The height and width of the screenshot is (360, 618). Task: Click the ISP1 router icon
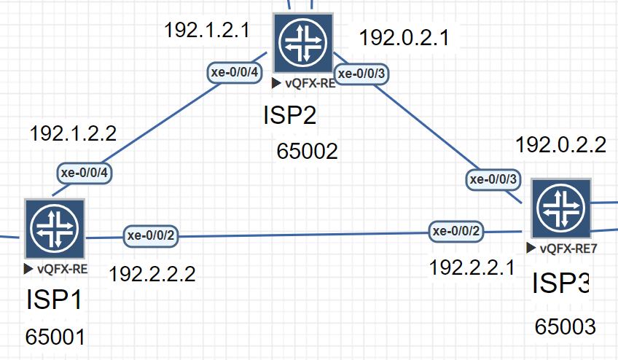click(55, 228)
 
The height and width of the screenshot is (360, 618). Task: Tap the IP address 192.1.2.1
click(207, 31)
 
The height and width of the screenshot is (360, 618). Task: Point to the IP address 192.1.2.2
click(73, 134)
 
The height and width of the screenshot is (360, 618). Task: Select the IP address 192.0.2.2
click(560, 145)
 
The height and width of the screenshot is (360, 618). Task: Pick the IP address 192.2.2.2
click(152, 274)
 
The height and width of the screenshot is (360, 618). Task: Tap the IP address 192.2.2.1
click(472, 267)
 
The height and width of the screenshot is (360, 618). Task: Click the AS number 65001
click(55, 337)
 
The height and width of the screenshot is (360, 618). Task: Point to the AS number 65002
click(308, 152)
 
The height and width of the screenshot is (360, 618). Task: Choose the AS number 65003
click(565, 326)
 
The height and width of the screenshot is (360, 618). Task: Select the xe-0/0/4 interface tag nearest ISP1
click(84, 173)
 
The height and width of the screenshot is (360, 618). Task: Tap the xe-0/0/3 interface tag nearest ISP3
click(493, 179)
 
